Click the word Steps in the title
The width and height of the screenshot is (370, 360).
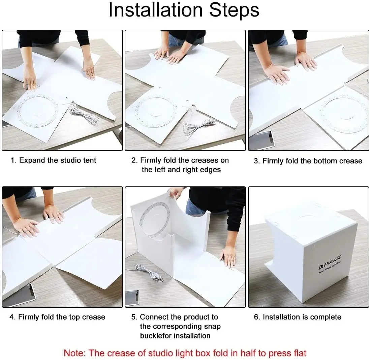[x=234, y=10]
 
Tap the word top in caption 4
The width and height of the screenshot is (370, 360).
[x=74, y=318]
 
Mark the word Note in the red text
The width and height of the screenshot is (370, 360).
[x=74, y=353]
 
